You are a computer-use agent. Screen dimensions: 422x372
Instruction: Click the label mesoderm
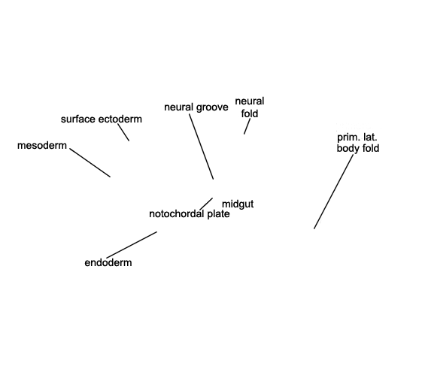(42, 145)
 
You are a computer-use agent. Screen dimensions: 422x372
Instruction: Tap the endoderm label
(108, 262)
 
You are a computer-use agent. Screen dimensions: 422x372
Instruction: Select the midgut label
(238, 204)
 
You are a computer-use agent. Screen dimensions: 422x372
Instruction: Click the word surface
(78, 119)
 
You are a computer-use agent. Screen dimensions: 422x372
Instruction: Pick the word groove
(212, 107)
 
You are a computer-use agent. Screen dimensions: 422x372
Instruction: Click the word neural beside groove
(179, 107)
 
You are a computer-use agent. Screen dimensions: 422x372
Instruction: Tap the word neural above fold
(250, 101)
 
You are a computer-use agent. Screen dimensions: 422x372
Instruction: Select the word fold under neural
(250, 113)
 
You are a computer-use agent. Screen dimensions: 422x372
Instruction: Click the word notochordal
(176, 214)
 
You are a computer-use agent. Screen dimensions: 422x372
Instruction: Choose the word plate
(218, 214)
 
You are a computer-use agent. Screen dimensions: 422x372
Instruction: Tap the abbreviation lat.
(370, 138)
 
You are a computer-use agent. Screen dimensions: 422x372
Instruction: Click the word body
(345, 148)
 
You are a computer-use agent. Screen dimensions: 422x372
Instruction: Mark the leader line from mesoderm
(90, 162)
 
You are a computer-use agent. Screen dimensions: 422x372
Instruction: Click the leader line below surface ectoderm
(123, 132)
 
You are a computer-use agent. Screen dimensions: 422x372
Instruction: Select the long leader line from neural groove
(202, 147)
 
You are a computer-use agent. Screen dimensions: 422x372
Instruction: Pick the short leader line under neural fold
(247, 126)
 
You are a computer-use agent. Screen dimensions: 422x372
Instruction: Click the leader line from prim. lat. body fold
(333, 192)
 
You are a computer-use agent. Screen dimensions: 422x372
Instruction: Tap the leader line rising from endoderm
(132, 245)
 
